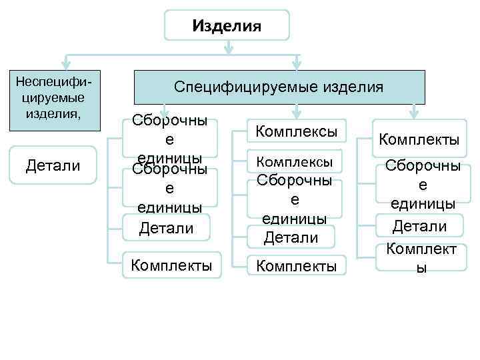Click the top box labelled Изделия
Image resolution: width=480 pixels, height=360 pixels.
click(227, 25)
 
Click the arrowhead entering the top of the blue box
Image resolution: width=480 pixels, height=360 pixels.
click(297, 65)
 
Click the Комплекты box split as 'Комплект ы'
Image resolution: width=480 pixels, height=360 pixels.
click(420, 257)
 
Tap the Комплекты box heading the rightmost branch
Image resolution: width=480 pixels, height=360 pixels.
click(419, 140)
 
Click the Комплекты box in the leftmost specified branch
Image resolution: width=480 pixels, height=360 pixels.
click(171, 265)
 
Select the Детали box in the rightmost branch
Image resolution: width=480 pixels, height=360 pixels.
click(419, 226)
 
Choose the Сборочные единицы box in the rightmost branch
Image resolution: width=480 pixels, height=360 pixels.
click(420, 185)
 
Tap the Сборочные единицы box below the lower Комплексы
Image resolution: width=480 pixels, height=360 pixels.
click(295, 199)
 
